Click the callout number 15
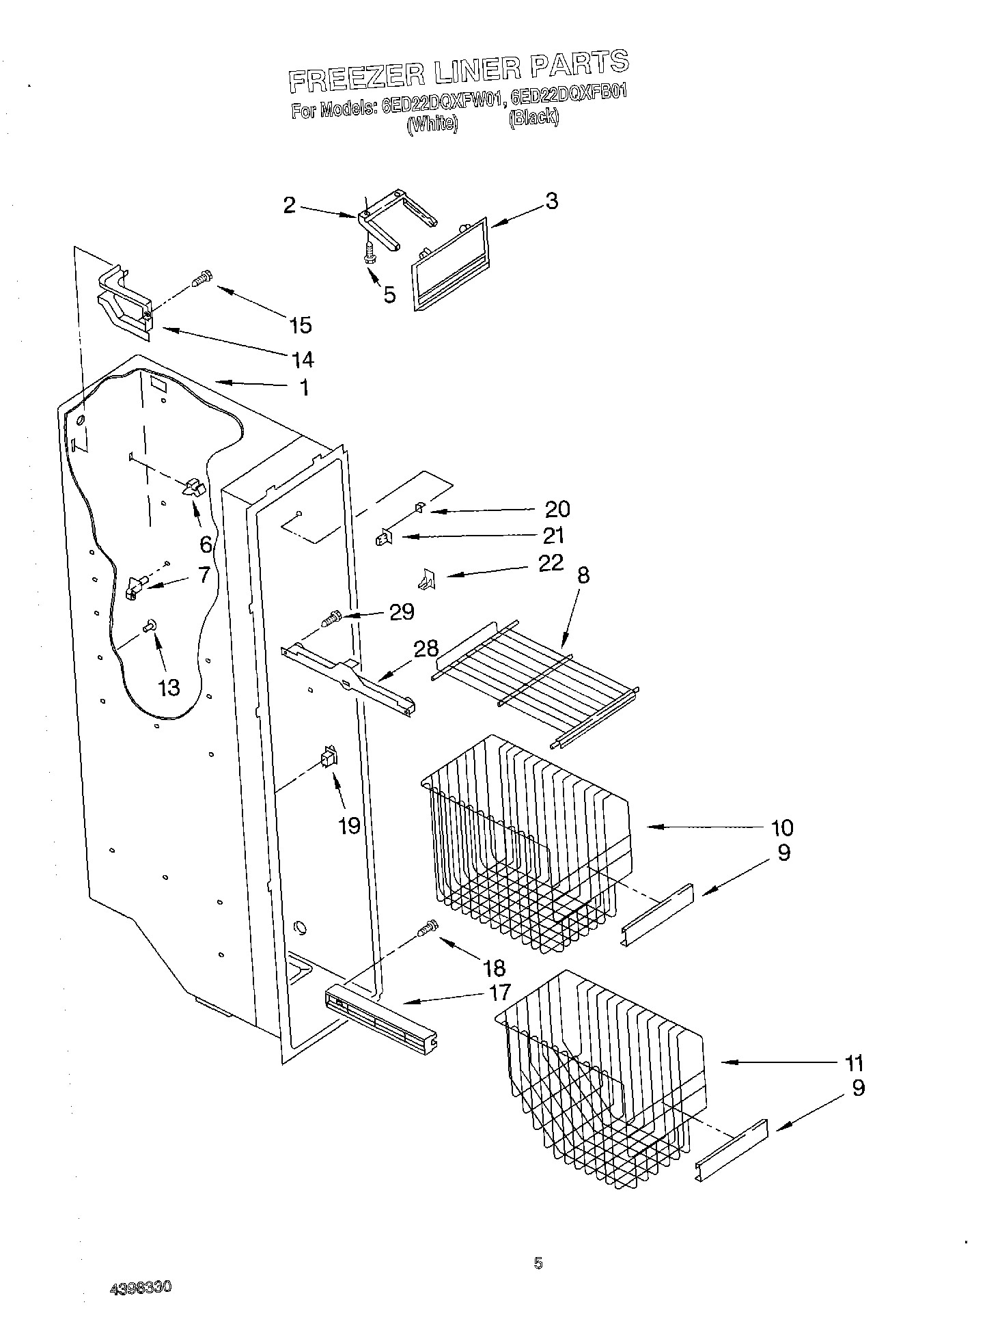(300, 325)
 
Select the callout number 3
(551, 202)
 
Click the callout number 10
(781, 828)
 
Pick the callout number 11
(854, 1063)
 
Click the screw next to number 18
(428, 928)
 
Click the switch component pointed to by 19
(329, 758)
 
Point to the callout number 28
(426, 648)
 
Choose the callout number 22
(551, 562)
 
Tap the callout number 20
(557, 509)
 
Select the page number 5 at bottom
(538, 1264)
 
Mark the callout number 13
(169, 687)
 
